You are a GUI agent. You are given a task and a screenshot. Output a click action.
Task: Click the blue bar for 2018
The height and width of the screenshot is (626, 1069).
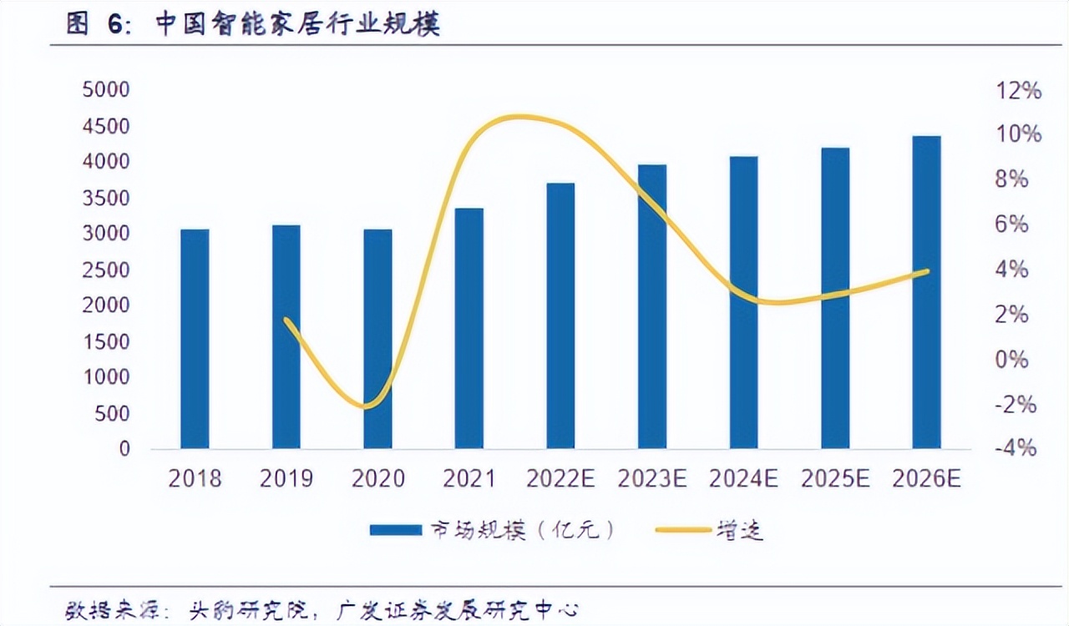tap(195, 338)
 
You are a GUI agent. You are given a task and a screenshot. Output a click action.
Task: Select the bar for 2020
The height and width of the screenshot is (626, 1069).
tap(377, 338)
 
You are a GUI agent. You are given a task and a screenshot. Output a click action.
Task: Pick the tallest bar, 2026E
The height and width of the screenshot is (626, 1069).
tap(926, 292)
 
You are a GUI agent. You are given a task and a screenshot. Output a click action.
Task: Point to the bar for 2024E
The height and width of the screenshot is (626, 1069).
tap(743, 302)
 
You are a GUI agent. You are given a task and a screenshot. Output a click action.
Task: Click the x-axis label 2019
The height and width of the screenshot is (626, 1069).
tap(286, 479)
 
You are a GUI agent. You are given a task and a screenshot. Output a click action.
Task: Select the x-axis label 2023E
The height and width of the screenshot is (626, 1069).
tap(652, 479)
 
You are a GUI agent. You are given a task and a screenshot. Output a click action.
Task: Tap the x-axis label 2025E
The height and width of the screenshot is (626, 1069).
tap(835, 479)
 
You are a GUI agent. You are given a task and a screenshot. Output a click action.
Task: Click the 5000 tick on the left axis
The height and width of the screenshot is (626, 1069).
tap(106, 90)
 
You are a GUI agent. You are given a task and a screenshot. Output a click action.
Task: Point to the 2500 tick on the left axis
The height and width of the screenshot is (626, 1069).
tap(106, 270)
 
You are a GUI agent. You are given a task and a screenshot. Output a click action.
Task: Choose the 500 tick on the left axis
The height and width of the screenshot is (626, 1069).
tap(112, 413)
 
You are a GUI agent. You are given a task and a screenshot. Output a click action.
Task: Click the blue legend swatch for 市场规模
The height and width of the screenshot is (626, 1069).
tap(395, 530)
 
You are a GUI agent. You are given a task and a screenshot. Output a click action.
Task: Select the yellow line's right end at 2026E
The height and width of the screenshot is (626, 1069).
tap(926, 271)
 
